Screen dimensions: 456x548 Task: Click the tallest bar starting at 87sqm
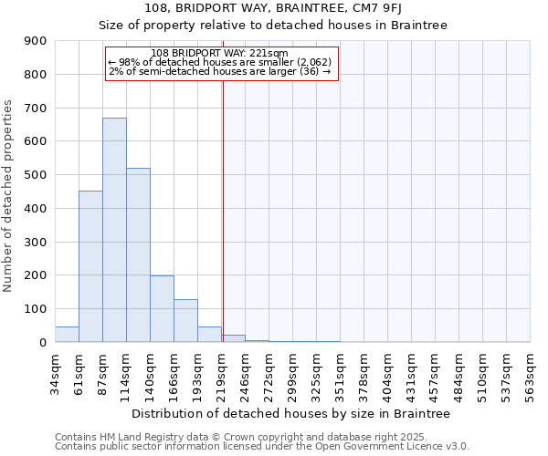[114, 230]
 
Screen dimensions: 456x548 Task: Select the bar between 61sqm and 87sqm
[90, 266]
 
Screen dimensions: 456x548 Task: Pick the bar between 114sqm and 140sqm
[138, 255]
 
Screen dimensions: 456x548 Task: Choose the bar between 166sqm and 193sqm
[185, 321]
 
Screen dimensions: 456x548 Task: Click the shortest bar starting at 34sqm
[67, 335]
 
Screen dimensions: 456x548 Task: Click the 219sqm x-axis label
[221, 374]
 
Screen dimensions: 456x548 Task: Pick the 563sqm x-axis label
[530, 374]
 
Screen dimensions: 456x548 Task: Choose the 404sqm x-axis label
[387, 374]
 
